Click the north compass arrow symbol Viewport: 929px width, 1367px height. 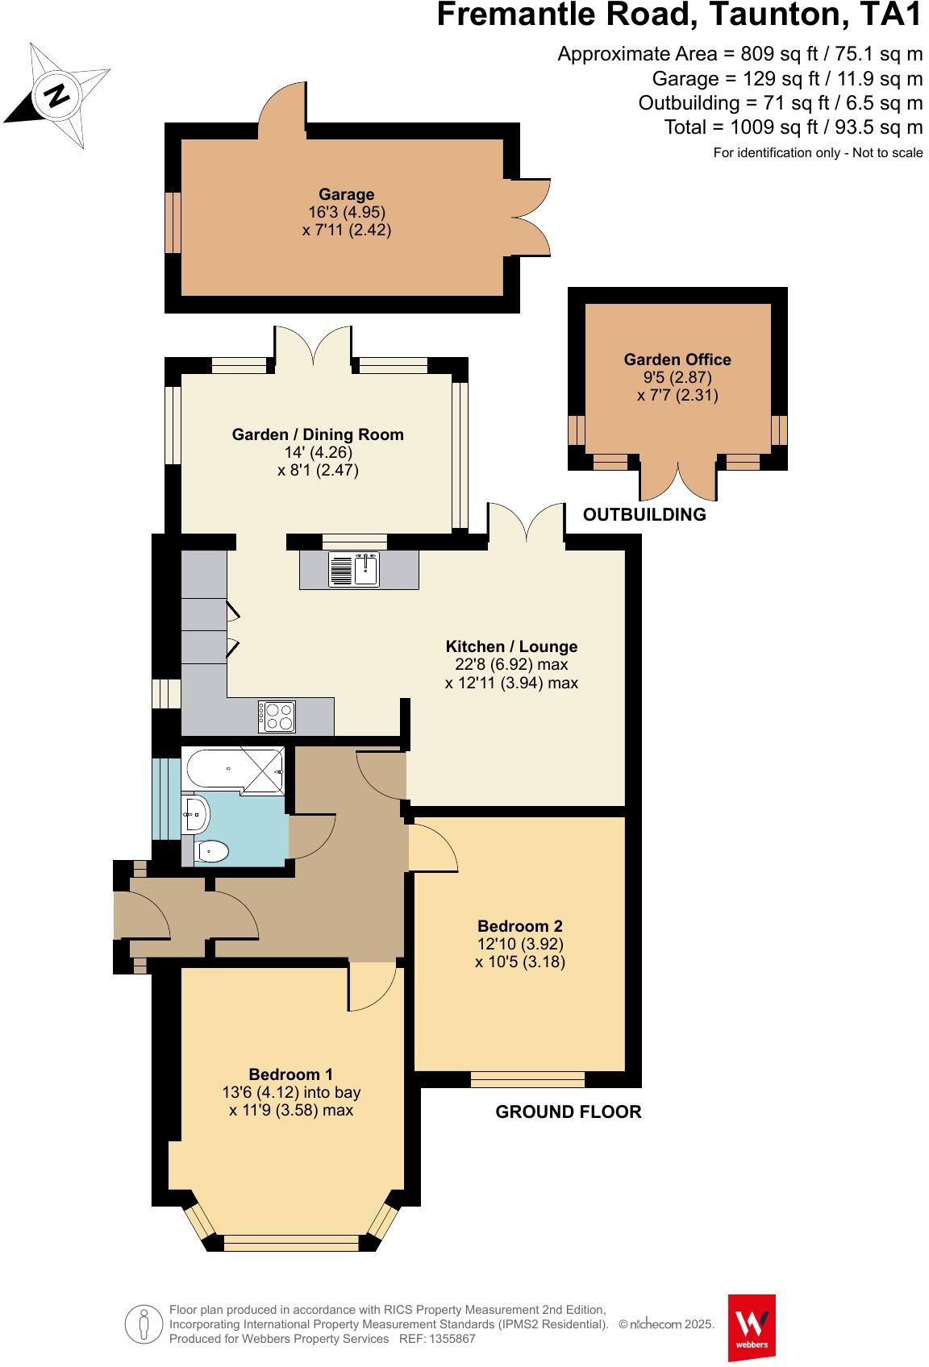point(56,95)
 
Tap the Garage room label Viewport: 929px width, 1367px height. point(346,194)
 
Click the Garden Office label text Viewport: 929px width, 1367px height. point(677,359)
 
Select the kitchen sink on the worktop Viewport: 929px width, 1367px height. point(354,569)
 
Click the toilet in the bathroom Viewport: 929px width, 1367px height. point(211,850)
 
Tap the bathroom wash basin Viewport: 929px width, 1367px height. point(195,814)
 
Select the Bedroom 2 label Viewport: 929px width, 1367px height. point(519,926)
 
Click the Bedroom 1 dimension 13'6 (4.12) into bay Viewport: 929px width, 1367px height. point(291,1093)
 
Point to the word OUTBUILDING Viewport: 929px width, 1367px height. point(644,514)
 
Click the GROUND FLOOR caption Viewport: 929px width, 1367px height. point(568,1112)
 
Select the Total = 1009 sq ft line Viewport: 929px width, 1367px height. point(793,127)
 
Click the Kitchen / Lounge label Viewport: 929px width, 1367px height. point(511,646)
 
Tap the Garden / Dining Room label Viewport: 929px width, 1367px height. point(318,434)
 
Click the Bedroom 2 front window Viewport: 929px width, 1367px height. point(528,1079)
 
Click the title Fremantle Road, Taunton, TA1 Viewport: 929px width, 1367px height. point(679,16)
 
